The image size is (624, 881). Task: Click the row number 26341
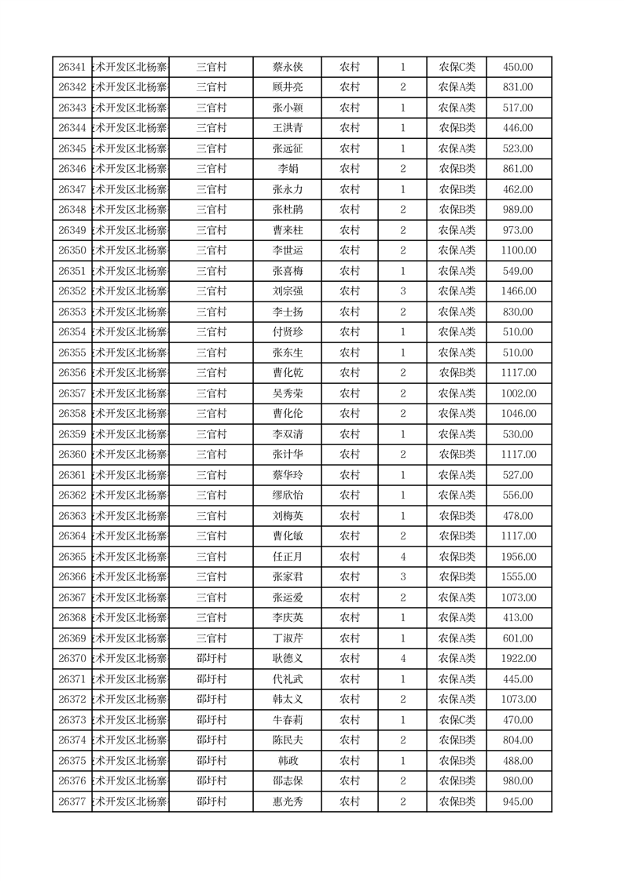pos(72,68)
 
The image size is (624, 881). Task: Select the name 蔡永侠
pos(287,68)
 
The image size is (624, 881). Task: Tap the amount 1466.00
pos(518,291)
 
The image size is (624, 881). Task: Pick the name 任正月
pos(287,557)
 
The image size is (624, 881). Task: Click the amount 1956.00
pos(518,557)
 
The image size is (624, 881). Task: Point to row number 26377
pos(72,802)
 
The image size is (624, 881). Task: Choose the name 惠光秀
pos(287,802)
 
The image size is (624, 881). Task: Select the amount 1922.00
pos(518,659)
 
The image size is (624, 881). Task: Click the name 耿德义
pos(287,659)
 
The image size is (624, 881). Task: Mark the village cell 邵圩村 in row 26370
pos(211,659)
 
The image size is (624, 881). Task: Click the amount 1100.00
pos(518,250)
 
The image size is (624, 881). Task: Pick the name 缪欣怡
pos(287,495)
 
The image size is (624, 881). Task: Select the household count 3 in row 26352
pos(403,291)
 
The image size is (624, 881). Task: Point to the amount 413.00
pos(518,618)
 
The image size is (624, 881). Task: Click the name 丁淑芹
pos(287,638)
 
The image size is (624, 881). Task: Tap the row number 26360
pos(72,455)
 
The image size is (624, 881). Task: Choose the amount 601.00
pos(518,638)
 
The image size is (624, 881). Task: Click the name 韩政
pos(287,761)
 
